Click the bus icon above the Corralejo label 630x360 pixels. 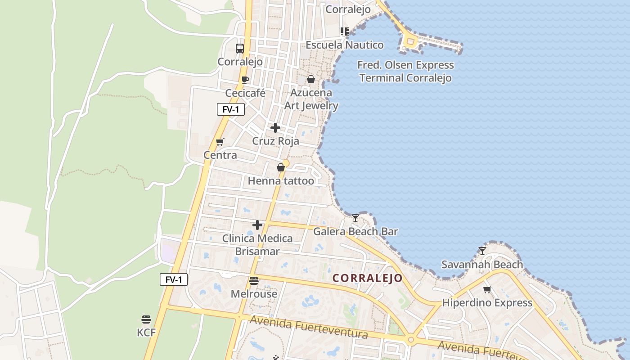tap(240, 49)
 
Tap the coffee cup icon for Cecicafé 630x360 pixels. tap(245, 80)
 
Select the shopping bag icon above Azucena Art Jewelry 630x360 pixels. tap(310, 80)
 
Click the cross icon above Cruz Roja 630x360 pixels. tap(275, 128)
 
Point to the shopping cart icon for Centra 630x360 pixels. tap(220, 142)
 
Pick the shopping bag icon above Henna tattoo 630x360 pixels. tap(281, 167)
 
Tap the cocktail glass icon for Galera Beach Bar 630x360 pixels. tap(355, 218)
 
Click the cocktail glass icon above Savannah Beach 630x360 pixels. tap(482, 251)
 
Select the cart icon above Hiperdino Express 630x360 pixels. tap(487, 289)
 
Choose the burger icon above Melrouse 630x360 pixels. tap(254, 281)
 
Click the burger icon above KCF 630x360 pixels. tap(146, 319)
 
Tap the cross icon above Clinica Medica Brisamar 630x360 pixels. tap(257, 225)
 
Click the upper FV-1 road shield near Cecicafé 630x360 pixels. tap(231, 109)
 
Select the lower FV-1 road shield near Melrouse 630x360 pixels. tap(174, 279)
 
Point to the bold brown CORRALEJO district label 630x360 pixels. tap(368, 278)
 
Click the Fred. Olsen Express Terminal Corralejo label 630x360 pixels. tap(405, 72)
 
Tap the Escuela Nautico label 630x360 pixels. tap(345, 45)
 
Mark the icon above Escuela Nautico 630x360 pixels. tap(345, 31)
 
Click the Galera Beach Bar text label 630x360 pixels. tap(355, 232)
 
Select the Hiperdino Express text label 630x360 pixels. tap(487, 303)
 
